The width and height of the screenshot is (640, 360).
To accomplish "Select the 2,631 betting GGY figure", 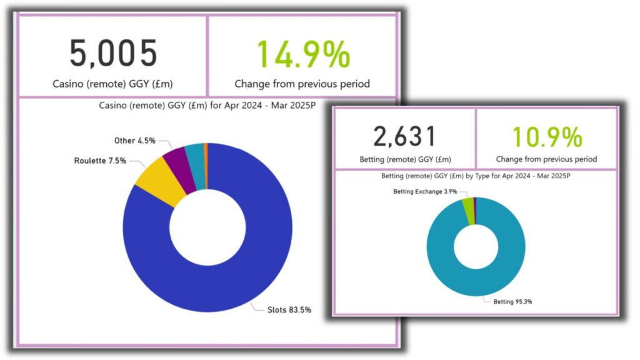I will click(404, 136).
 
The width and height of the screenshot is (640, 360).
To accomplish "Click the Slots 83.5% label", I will click(289, 309).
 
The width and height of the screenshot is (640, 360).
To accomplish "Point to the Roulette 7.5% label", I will click(100, 161).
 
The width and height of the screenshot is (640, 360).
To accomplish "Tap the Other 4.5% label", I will click(135, 141).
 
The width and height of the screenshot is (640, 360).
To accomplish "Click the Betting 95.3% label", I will click(509, 301).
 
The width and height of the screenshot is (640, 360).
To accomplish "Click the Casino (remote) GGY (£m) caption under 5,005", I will click(112, 83).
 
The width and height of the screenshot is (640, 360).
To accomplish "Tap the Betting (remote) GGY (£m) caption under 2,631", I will click(404, 159).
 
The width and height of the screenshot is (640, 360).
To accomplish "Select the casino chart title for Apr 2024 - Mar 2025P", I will click(207, 106).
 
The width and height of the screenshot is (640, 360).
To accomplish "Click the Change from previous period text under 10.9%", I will click(546, 159).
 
